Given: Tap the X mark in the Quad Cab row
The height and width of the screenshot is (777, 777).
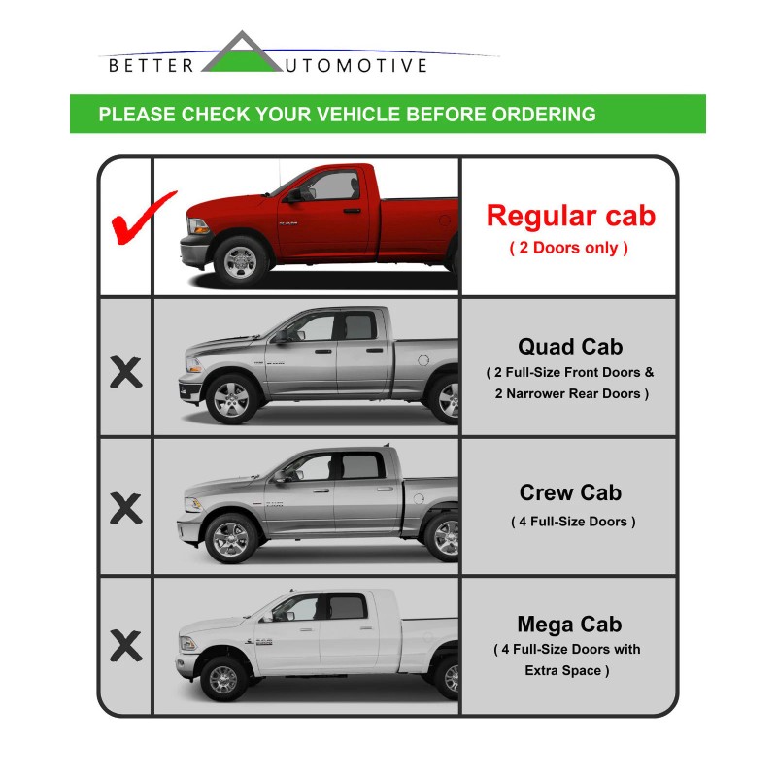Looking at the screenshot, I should click(125, 372).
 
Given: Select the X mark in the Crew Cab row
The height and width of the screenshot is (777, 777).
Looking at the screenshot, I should click(125, 508).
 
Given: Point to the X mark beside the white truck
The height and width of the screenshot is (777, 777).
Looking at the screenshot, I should click(125, 644).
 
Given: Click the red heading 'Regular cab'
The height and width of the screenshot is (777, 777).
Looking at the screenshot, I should click(570, 215).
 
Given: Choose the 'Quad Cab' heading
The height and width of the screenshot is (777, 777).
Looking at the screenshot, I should click(570, 347).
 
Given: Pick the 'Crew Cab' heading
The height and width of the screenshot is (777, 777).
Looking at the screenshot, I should click(570, 492).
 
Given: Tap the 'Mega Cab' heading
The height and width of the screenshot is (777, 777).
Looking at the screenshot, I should click(570, 625).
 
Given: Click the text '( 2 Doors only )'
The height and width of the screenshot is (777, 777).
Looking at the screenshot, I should click(570, 248).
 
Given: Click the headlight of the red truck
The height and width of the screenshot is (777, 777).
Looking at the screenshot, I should click(198, 226).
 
